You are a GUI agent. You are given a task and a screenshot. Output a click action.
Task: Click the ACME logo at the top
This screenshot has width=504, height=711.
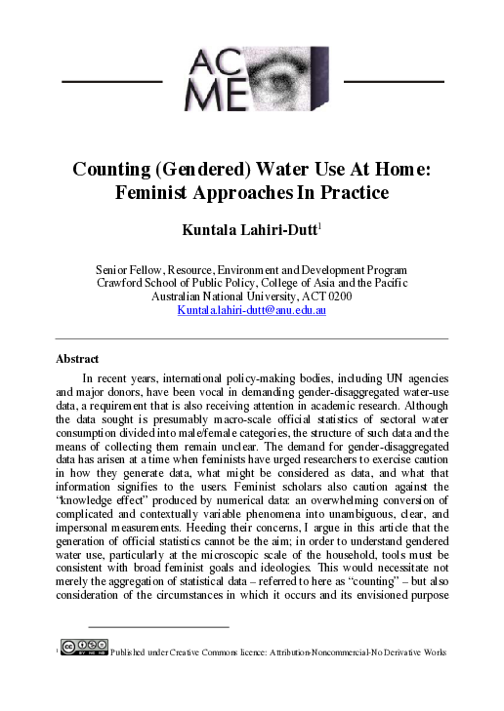(252, 79)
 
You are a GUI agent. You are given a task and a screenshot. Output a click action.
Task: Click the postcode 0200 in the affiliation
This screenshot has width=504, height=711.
(338, 296)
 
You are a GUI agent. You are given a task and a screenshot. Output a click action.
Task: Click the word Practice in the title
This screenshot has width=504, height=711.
(354, 192)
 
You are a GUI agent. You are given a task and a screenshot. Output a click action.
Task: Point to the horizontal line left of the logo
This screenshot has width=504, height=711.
(111, 80)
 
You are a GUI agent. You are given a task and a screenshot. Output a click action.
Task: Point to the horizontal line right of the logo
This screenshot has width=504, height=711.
(394, 80)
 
